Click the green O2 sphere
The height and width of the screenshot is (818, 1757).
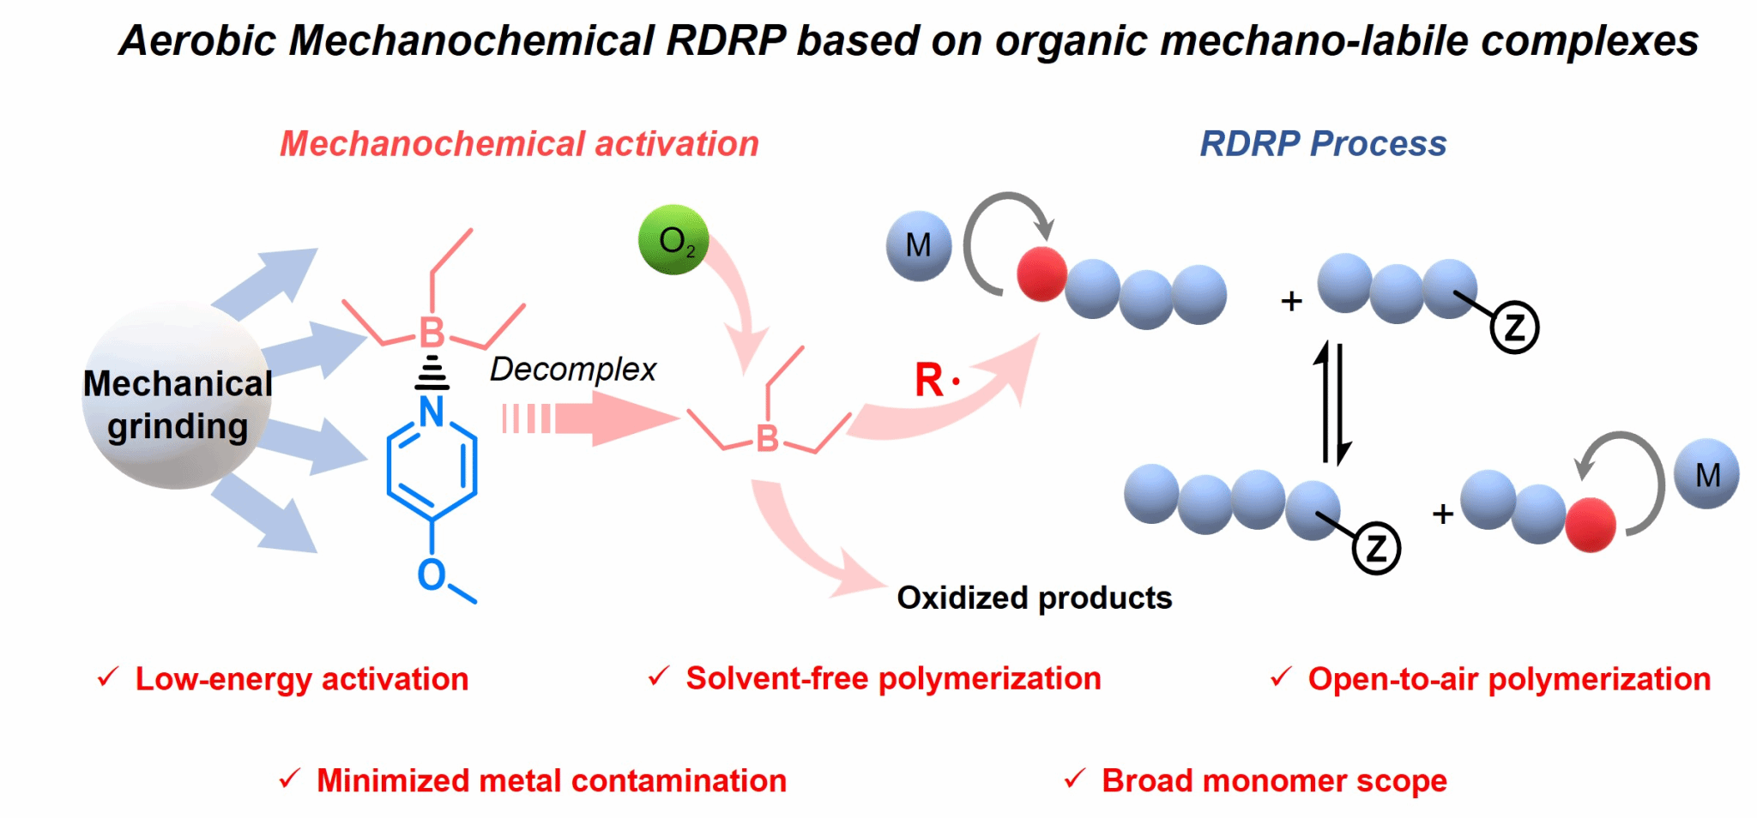pyautogui.click(x=673, y=240)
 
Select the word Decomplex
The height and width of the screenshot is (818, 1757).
pyautogui.click(x=572, y=369)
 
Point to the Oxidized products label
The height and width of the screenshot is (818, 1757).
pyautogui.click(x=1034, y=598)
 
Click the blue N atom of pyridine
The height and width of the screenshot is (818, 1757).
pyautogui.click(x=432, y=412)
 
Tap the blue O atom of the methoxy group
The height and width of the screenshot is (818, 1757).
pyautogui.click(x=431, y=574)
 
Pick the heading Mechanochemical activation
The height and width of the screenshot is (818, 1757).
pyautogui.click(x=519, y=144)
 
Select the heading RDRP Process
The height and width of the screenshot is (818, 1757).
pyautogui.click(x=1322, y=144)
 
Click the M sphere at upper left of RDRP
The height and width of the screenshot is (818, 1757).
pyautogui.click(x=918, y=246)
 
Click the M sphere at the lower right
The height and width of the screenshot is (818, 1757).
pyautogui.click(x=1706, y=474)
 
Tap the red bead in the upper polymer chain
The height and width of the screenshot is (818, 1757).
pyautogui.click(x=1042, y=274)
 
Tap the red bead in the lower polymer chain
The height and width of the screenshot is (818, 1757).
pyautogui.click(x=1590, y=525)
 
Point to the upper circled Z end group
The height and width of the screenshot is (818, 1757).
pyautogui.click(x=1514, y=328)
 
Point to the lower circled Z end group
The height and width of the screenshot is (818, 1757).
pyautogui.click(x=1376, y=548)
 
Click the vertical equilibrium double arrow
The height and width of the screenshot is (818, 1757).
pyautogui.click(x=1332, y=403)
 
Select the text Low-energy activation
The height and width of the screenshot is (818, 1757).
pyautogui.click(x=301, y=679)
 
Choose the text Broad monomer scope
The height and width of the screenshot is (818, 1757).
pyautogui.click(x=1274, y=780)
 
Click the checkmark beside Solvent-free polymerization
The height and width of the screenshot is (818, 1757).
pyautogui.click(x=658, y=677)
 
